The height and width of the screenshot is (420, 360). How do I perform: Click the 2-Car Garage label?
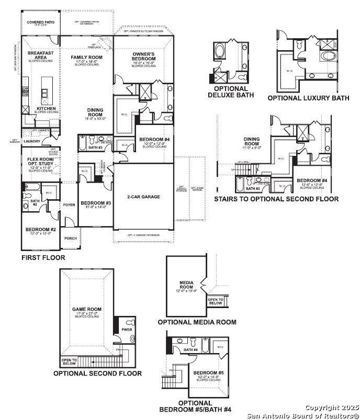[143, 197]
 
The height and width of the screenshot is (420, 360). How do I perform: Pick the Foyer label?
[69, 205]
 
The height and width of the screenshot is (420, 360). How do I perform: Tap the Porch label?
[70, 239]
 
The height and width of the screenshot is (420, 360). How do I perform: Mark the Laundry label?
[32, 141]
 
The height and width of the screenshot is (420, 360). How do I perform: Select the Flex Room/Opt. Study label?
[40, 161]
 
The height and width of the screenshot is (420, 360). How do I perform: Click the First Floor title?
[43, 258]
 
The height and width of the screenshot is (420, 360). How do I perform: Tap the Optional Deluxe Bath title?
[231, 92]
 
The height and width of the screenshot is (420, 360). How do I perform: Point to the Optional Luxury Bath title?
[308, 98]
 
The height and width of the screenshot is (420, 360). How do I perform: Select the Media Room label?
[187, 285]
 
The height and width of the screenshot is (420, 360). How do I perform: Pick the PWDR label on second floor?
[127, 331]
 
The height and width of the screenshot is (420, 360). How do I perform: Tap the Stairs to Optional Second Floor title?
[276, 199]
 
